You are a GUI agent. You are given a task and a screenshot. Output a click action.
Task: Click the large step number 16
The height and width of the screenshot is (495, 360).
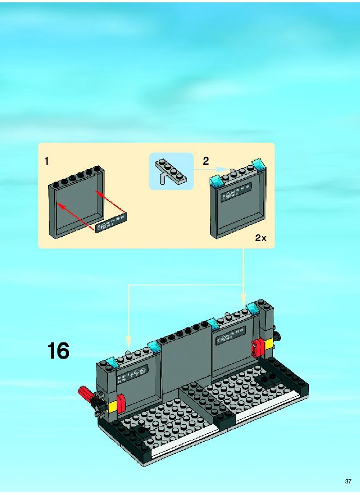[59, 351]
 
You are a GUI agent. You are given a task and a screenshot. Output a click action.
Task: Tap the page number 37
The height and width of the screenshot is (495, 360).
[348, 482]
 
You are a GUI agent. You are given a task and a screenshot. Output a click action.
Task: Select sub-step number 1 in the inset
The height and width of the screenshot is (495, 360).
[46, 161]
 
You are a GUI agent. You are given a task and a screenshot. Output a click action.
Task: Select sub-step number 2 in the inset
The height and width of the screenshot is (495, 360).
[206, 161]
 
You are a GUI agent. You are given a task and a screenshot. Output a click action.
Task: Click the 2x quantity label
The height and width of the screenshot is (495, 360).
[261, 238]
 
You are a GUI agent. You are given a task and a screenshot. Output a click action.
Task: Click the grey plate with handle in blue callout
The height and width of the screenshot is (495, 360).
[171, 171]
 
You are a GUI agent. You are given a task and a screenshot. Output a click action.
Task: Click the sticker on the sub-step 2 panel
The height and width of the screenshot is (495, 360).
[236, 192]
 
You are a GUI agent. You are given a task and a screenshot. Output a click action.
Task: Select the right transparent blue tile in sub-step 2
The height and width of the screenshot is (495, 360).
[258, 164]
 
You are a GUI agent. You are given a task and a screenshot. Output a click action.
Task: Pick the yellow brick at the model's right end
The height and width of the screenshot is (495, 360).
[269, 344]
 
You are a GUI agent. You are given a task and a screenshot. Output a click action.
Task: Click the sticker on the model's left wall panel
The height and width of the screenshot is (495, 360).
[132, 374]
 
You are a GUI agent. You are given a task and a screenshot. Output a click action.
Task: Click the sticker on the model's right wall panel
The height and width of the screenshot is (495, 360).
[231, 335]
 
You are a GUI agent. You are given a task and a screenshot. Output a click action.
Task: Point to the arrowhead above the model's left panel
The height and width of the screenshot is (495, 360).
[128, 342]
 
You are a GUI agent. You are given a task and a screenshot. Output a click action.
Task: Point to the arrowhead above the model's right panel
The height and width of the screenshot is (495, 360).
[243, 299]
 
